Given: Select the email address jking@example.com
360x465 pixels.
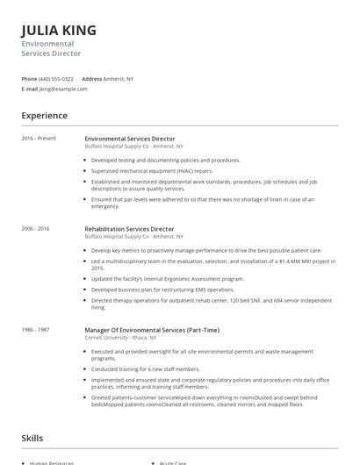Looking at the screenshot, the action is click(63, 89).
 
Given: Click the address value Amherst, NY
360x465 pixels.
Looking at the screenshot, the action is click(119, 78).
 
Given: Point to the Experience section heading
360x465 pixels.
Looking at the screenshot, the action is click(44, 116).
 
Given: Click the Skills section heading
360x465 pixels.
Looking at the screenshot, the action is click(32, 438).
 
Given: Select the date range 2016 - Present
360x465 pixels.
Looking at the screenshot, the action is click(39, 139).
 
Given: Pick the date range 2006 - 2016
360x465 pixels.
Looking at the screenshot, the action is click(36, 229).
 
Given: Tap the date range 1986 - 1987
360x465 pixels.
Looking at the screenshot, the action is click(36, 330).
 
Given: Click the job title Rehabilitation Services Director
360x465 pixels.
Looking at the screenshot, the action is click(129, 229).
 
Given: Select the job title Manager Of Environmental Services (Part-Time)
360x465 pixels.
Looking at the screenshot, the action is click(152, 330).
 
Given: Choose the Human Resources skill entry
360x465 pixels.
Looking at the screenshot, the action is click(52, 462).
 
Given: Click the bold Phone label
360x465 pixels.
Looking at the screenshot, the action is click(29, 78).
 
